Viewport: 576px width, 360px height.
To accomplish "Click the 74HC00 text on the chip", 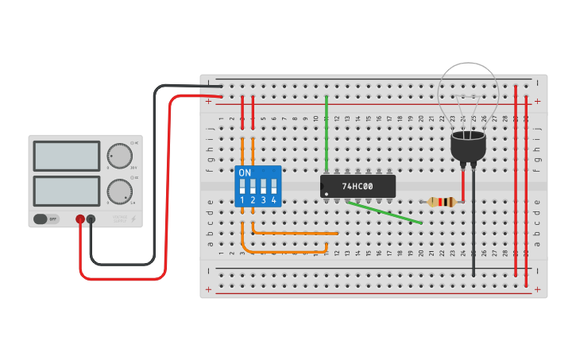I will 357,186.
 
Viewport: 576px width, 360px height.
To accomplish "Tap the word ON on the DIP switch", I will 245,172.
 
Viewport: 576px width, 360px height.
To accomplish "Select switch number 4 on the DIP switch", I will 273,188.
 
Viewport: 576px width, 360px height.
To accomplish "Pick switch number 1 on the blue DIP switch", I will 242,188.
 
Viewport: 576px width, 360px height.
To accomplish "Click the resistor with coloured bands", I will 442,202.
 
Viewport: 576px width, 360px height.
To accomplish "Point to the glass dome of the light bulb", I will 469,94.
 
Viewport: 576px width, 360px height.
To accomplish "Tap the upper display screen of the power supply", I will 67,156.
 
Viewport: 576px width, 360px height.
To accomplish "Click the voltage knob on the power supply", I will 119,156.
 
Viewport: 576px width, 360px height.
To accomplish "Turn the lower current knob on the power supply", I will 119,192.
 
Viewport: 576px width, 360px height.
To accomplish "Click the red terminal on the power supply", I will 80,219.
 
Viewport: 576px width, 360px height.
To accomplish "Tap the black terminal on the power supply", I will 91,219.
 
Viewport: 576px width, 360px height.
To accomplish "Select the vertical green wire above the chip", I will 327,131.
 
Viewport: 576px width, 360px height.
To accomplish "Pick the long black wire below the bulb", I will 474,230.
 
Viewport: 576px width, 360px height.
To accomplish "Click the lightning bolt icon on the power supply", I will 133,219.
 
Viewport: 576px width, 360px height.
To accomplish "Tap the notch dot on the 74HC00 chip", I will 327,193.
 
